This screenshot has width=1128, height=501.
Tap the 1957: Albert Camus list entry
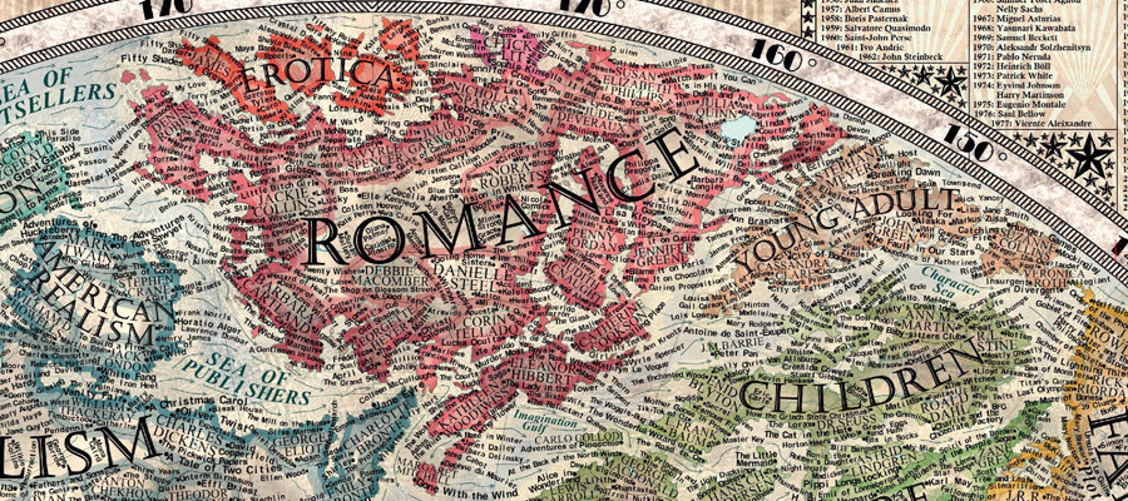tap(855, 9)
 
